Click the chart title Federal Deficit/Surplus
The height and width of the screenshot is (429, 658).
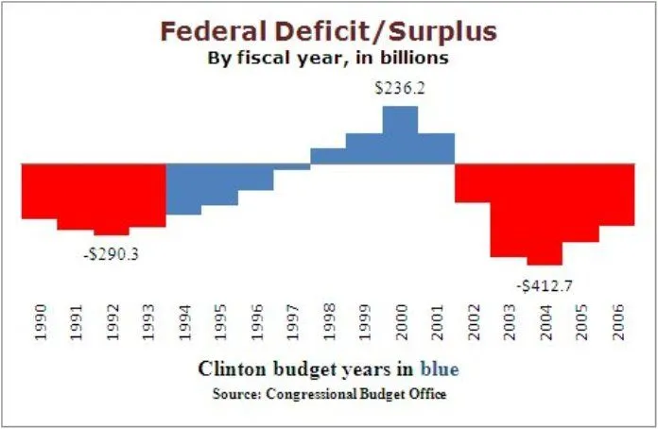[x=328, y=31]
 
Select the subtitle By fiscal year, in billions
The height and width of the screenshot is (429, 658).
[x=328, y=57]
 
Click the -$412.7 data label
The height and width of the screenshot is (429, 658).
[x=544, y=283]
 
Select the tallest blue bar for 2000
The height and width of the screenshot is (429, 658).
[x=400, y=134]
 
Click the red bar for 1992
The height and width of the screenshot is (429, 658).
[x=112, y=198]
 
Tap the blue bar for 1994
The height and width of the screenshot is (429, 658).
[x=183, y=189]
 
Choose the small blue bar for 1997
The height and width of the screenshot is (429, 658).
[x=292, y=166]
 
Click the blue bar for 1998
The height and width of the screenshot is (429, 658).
[x=328, y=156]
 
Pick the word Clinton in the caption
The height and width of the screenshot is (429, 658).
[x=228, y=368]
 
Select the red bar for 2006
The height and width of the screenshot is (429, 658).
[x=616, y=195]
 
